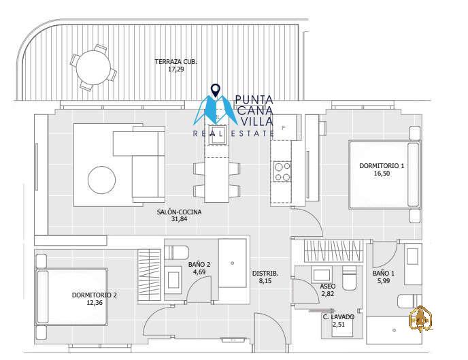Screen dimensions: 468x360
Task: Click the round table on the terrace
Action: [x=93, y=67]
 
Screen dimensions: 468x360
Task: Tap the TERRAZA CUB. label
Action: [x=175, y=62]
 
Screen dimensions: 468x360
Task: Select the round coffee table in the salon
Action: [x=101, y=180]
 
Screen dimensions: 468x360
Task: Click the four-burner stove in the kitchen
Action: [x=282, y=171]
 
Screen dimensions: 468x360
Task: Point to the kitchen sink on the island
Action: [x=217, y=135]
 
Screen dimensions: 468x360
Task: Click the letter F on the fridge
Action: [x=284, y=128]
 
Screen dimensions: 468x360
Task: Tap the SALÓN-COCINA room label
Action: [x=179, y=212]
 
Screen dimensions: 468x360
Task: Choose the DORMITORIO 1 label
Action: [x=382, y=165]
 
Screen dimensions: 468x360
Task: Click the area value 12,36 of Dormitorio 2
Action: [x=95, y=303]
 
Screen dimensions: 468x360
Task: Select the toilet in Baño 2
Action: [x=177, y=252]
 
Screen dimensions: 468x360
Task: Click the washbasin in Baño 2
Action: [x=173, y=280]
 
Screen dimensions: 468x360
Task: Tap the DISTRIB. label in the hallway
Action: [x=265, y=273]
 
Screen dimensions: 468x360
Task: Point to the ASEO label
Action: [x=327, y=287]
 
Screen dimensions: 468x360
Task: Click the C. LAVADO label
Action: [x=339, y=317]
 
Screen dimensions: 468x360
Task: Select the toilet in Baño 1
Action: [x=409, y=301]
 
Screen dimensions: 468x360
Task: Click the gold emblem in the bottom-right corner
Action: [x=420, y=318]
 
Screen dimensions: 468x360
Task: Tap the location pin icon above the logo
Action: [x=215, y=90]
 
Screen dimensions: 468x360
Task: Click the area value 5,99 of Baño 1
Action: [x=384, y=281]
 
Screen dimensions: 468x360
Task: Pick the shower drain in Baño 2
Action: [x=232, y=263]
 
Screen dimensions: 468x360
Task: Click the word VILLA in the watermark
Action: [x=256, y=121]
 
